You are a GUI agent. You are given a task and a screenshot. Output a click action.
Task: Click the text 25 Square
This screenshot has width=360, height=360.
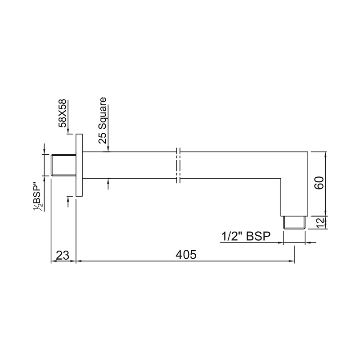(103, 120)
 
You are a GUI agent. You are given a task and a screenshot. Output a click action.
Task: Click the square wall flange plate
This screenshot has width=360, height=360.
(80, 165)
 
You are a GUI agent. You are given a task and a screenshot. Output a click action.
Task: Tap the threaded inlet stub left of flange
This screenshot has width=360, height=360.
(63, 165)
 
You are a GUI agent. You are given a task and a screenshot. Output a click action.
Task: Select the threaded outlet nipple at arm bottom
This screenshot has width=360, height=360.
(294, 222)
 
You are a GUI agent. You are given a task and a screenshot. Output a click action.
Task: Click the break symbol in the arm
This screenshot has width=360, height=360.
(179, 165)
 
